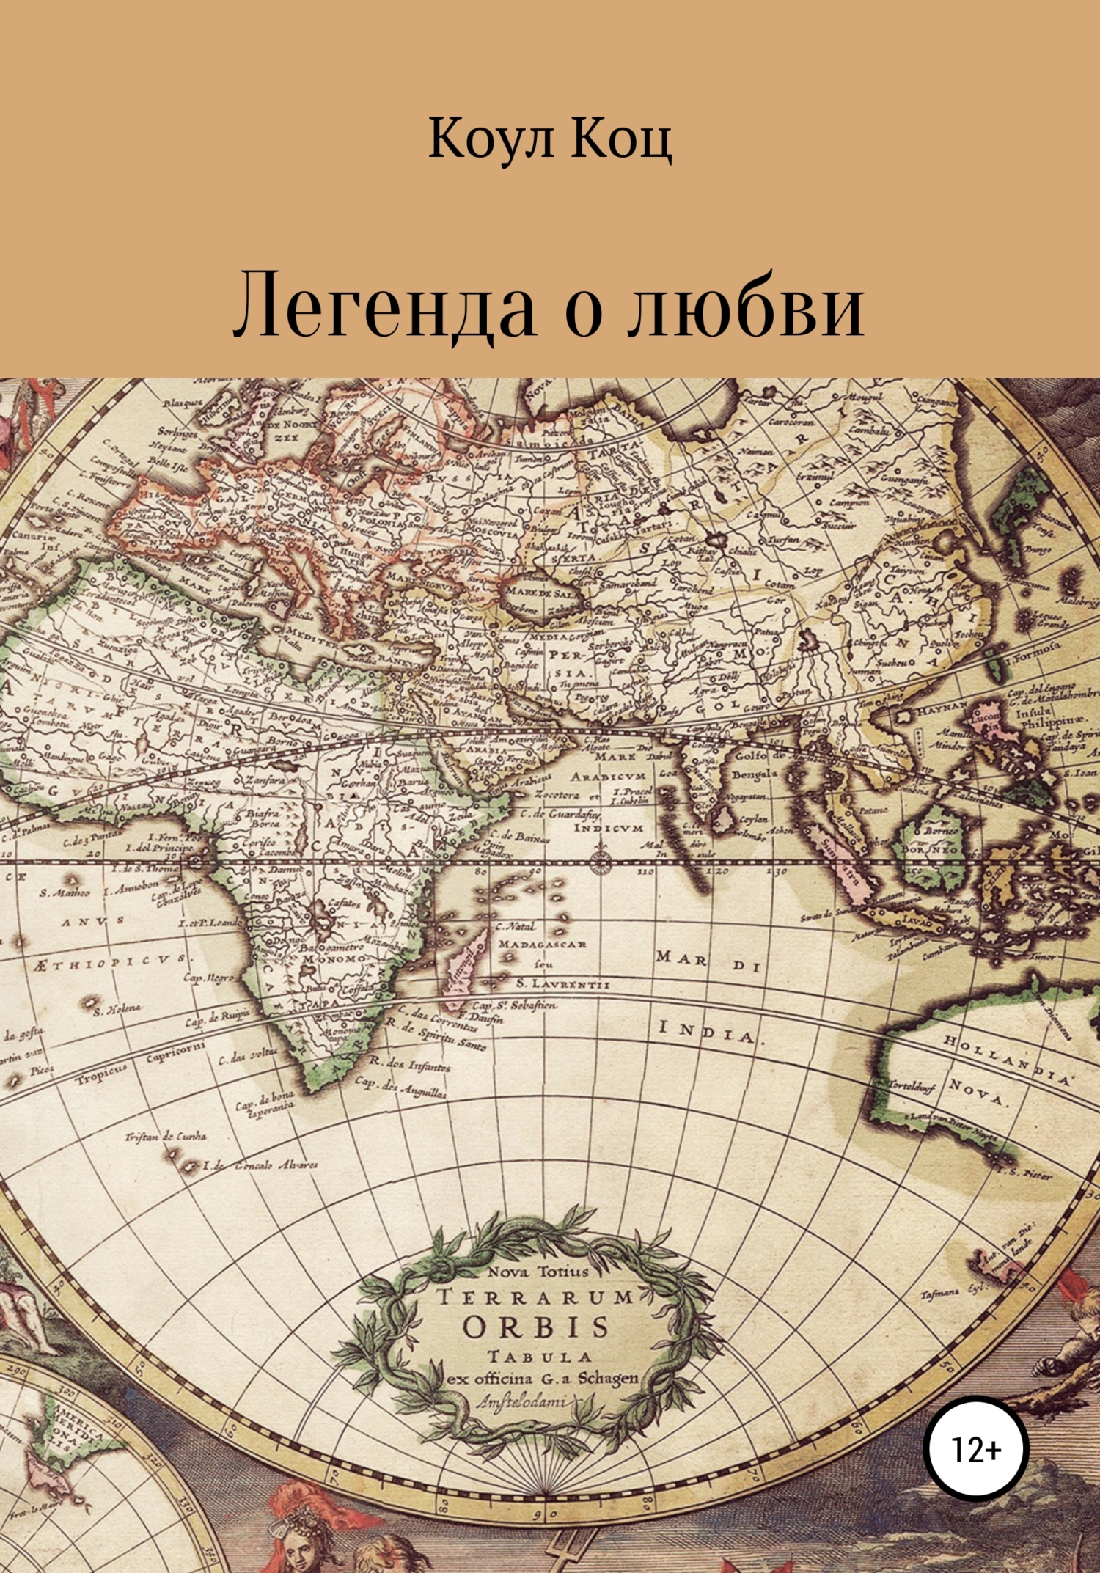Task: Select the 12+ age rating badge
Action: pos(976,1450)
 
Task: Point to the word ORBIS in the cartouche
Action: pos(536,1327)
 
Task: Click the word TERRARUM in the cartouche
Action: pos(535,1297)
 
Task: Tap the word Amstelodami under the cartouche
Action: pos(522,1401)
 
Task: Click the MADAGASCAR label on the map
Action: pos(542,945)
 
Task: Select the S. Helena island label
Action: pos(117,1010)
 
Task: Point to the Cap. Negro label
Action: pos(208,978)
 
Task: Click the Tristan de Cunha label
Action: pos(165,1137)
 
